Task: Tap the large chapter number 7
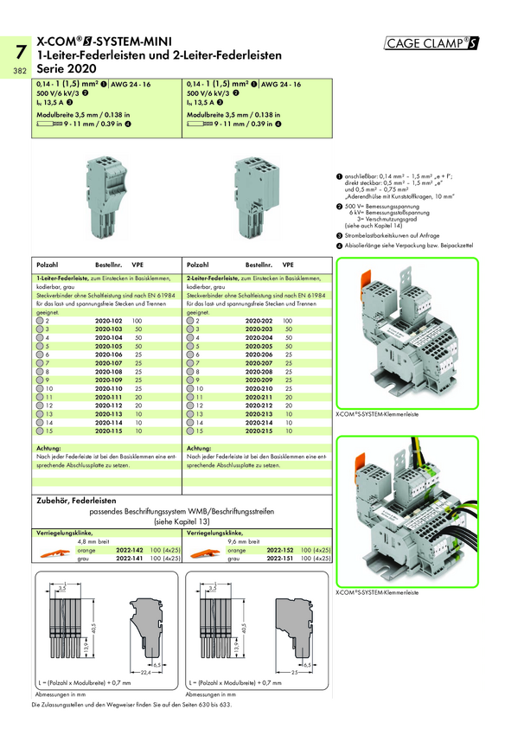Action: [x=18, y=49]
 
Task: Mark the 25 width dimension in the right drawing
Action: [x=296, y=671]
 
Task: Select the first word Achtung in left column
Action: [x=48, y=447]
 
